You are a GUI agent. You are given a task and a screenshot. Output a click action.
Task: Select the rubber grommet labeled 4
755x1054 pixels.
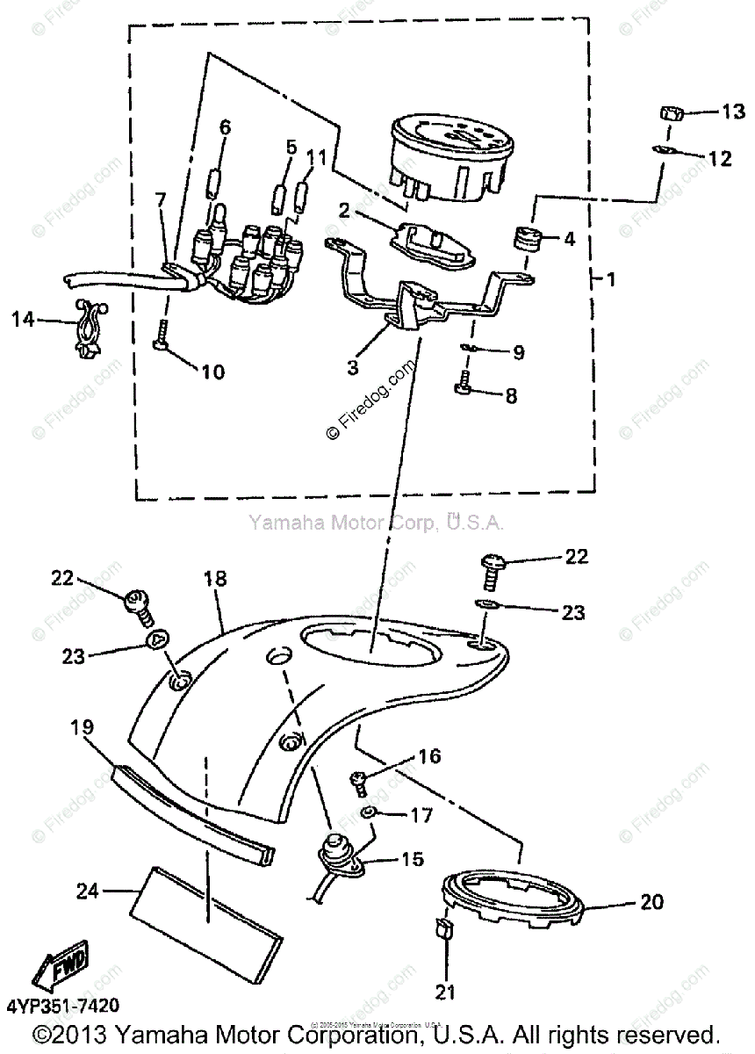point(528,237)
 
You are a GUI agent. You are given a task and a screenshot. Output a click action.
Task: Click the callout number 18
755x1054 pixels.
point(215,579)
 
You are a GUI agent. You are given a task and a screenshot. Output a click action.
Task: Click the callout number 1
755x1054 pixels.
point(611,280)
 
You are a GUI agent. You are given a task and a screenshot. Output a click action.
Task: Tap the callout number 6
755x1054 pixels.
point(225,127)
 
